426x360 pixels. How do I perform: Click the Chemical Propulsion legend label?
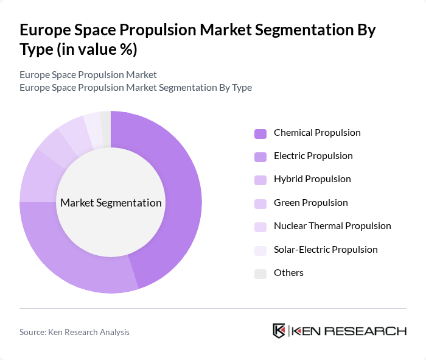[x=317, y=133]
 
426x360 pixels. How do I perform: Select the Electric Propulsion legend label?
[x=313, y=156]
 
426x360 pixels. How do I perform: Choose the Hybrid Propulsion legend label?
[x=312, y=179]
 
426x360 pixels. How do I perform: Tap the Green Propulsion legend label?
[x=311, y=202]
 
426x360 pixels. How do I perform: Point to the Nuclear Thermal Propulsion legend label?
[x=332, y=226]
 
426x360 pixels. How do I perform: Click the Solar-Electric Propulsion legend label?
[x=326, y=249]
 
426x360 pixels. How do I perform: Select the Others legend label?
[x=288, y=273]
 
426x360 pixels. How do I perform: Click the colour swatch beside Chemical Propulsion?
[x=260, y=133]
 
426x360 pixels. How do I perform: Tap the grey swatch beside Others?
[x=260, y=274]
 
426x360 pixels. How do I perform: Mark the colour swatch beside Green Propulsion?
[x=260, y=203]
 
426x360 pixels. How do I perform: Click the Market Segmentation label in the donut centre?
[x=111, y=203]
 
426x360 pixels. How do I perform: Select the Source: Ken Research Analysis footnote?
[x=74, y=332]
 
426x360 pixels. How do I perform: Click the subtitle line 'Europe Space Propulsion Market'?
[x=88, y=74]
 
